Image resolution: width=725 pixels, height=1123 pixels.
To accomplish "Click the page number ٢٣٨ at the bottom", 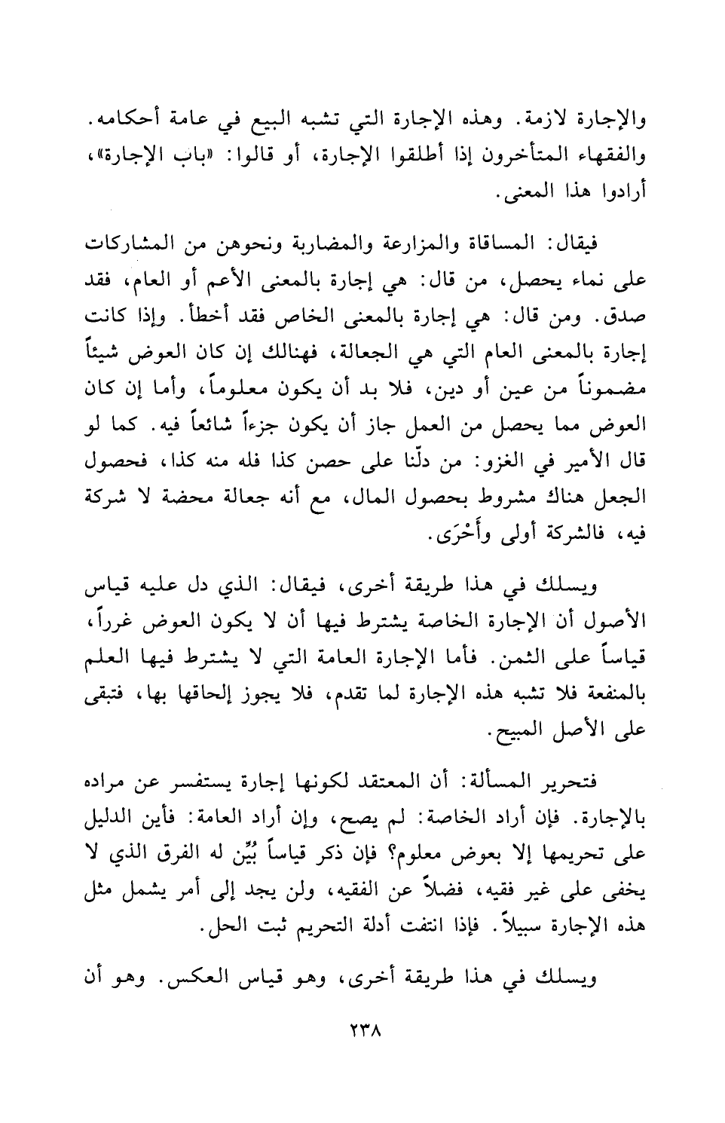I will [x=362, y=1030].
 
